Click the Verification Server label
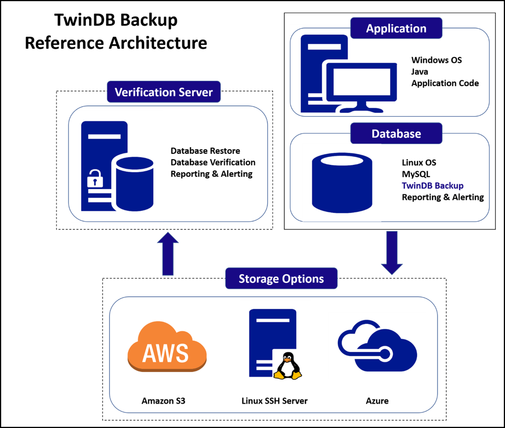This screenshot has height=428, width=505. (x=163, y=92)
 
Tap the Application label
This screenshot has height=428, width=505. (x=396, y=28)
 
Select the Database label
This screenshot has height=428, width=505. (x=396, y=134)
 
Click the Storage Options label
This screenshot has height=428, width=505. (x=281, y=279)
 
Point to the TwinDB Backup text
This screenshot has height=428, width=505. (x=432, y=186)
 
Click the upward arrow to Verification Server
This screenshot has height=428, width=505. (x=168, y=253)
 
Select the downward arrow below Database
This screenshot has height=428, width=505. (x=392, y=253)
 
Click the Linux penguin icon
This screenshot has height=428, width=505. (x=286, y=366)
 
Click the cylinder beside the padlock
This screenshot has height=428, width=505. (x=135, y=184)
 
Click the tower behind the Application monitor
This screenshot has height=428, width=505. (x=316, y=62)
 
